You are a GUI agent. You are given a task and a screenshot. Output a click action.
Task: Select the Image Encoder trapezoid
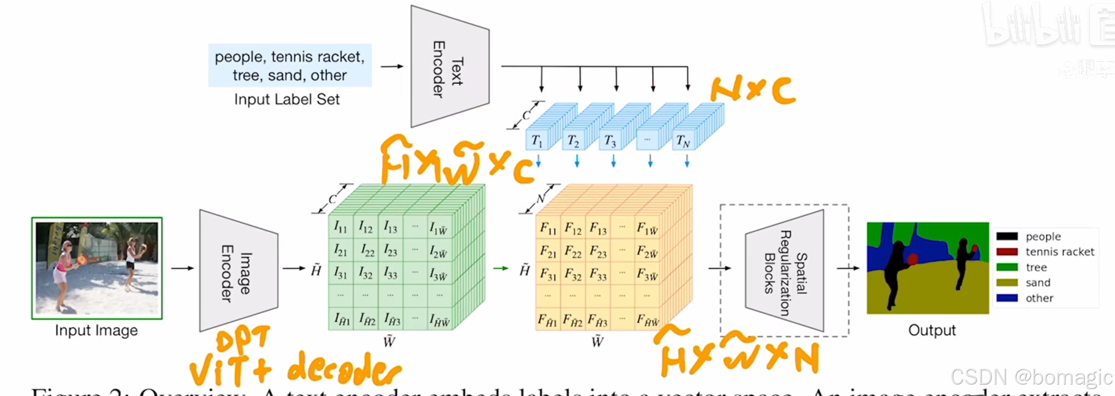(x=238, y=270)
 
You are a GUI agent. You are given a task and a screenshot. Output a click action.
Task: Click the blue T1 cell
(x=537, y=141)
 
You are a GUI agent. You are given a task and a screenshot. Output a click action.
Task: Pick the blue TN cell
(x=683, y=142)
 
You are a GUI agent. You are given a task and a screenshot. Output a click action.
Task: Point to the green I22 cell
(x=366, y=250)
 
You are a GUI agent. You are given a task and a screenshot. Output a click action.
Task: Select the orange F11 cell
(x=548, y=228)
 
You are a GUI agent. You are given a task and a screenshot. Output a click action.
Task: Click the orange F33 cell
(x=598, y=274)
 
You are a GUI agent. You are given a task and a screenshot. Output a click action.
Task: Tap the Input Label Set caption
(x=287, y=99)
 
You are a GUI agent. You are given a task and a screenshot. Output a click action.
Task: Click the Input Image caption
(x=96, y=330)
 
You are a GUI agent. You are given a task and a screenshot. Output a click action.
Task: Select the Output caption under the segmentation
(x=932, y=330)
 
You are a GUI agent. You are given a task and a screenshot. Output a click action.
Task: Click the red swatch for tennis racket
(x=1007, y=252)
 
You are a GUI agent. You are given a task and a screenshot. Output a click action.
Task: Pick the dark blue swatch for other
(x=1007, y=298)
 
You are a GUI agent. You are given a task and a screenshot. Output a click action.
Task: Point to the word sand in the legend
(x=1038, y=283)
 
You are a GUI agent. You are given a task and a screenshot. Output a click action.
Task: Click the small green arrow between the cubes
(x=500, y=268)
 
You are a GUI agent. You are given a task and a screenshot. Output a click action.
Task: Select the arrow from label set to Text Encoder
(x=392, y=66)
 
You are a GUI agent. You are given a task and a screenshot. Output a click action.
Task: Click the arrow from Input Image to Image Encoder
(x=182, y=268)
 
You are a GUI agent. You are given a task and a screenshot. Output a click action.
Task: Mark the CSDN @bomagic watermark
(x=1031, y=378)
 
